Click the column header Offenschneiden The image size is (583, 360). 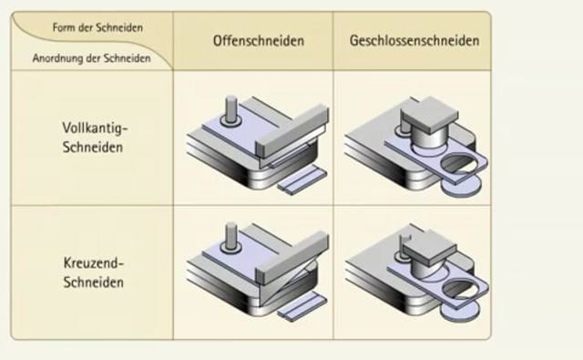click(259, 41)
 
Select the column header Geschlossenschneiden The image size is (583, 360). click(414, 41)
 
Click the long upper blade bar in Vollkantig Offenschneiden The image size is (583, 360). click(291, 127)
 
